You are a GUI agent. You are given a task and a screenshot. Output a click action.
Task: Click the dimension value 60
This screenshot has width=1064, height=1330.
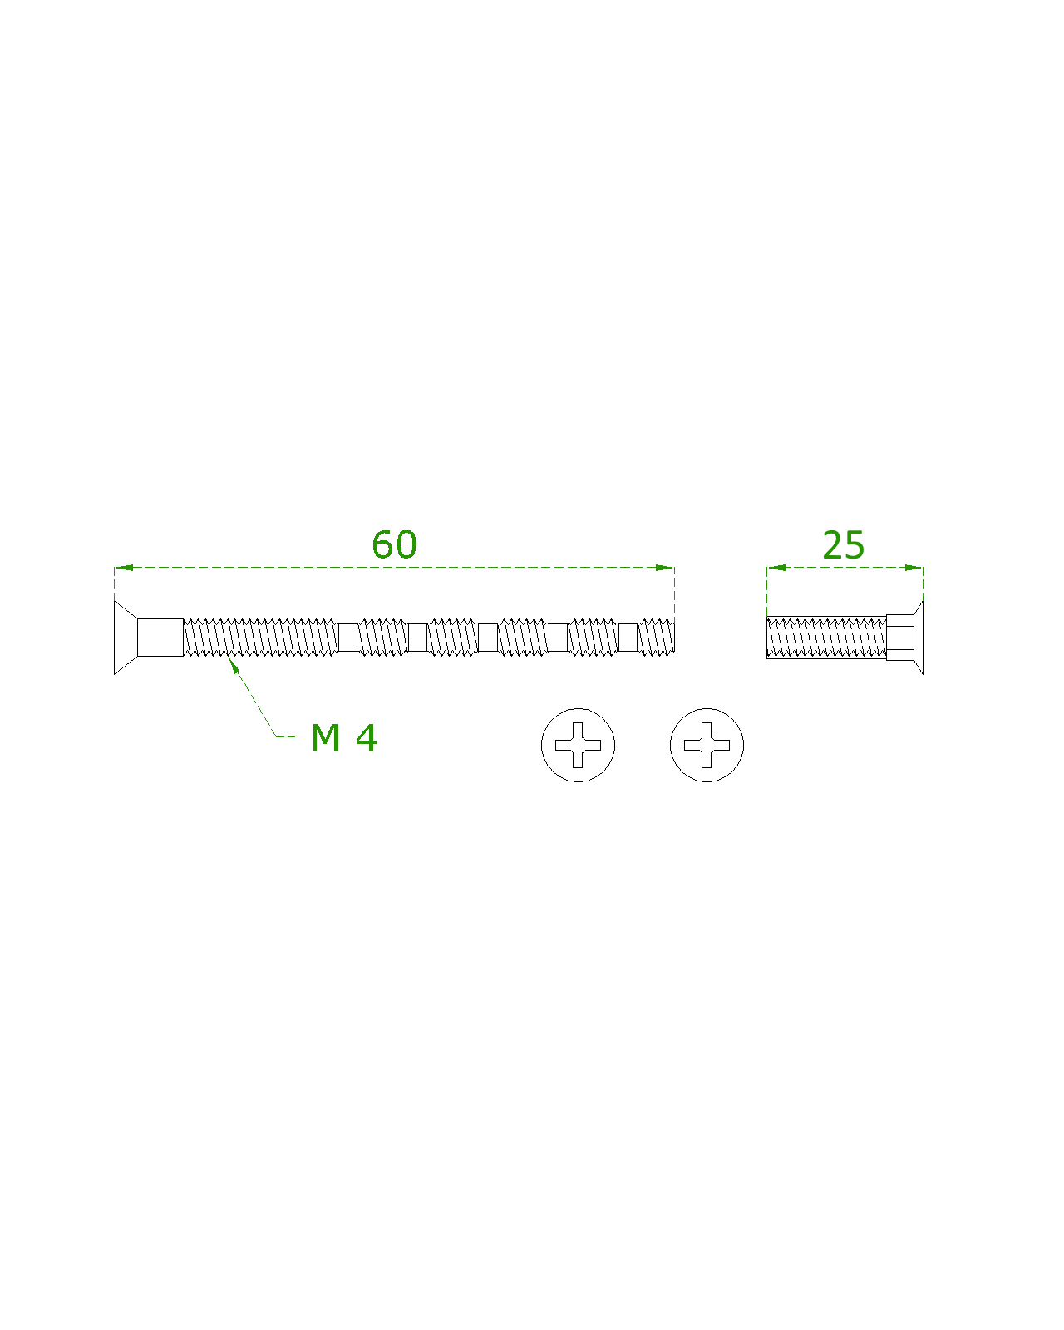(394, 544)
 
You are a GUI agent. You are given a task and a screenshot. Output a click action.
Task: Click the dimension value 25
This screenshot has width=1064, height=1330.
(843, 545)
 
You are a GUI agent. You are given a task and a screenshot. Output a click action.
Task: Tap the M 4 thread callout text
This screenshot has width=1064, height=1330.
(343, 737)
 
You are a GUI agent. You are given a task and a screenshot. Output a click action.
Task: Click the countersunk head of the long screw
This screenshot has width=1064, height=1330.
(126, 638)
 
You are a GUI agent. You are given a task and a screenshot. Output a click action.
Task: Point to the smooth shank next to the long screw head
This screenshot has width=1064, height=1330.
(160, 638)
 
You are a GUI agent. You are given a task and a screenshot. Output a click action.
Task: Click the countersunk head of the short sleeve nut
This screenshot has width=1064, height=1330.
(918, 638)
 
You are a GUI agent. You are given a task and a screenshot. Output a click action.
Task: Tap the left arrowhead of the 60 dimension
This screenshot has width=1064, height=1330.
(124, 568)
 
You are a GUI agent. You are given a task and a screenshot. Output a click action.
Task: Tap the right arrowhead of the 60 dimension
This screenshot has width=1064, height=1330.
(665, 568)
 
